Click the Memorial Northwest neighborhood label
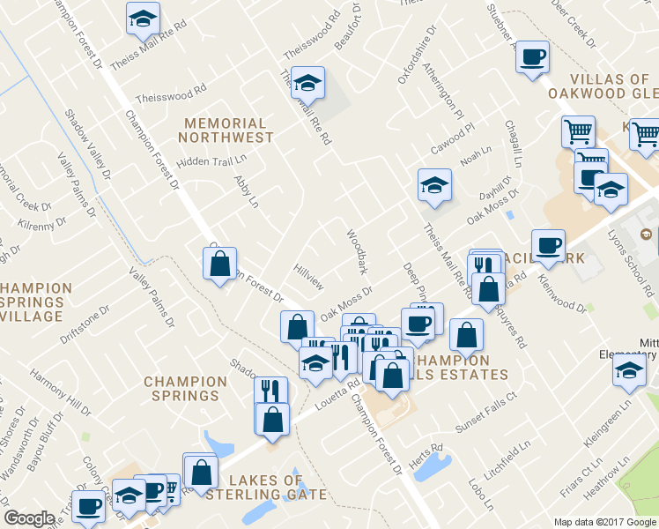coord(226,130)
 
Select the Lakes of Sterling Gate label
coord(265,487)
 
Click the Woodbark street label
coord(356,252)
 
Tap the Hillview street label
coord(309,276)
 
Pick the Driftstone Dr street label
coord(85,324)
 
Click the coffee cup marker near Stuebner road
coord(531,59)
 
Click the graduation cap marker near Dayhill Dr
coord(434,186)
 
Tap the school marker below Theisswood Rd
coord(307,84)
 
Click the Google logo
coord(29,518)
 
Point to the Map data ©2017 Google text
coord(604,521)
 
